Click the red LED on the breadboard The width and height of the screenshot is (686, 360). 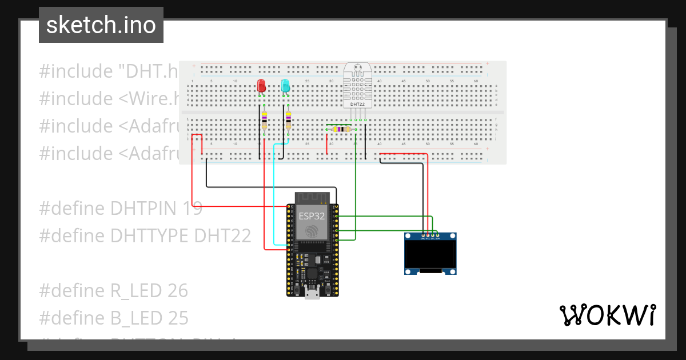[x=261, y=86]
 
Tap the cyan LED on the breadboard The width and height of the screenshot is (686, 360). [x=285, y=86]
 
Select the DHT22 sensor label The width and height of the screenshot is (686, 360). [x=357, y=104]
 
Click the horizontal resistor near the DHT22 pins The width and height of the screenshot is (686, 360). [x=341, y=129]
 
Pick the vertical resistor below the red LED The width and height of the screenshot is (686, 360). [x=264, y=121]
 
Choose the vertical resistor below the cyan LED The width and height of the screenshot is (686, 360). [x=288, y=121]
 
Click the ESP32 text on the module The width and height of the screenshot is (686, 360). [x=312, y=217]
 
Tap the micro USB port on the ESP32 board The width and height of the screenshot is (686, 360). [x=312, y=294]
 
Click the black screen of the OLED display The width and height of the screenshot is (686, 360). [x=430, y=255]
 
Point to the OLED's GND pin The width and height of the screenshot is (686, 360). [x=423, y=235]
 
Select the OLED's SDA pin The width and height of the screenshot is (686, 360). [x=437, y=235]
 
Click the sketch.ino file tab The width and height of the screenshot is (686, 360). [x=101, y=25]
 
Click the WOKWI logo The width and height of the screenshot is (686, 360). [x=607, y=315]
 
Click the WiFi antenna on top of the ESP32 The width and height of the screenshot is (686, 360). [x=312, y=198]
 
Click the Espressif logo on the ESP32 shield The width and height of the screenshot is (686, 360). [x=312, y=231]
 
